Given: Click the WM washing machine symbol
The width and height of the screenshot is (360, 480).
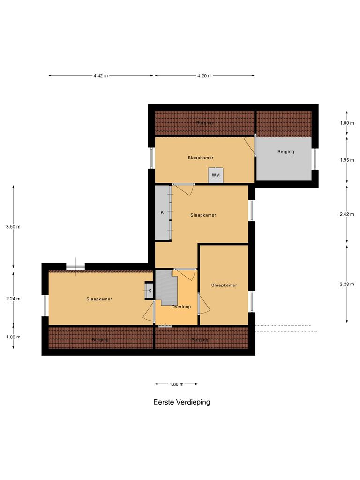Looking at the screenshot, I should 216,175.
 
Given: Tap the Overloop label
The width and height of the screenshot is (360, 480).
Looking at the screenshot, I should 181,307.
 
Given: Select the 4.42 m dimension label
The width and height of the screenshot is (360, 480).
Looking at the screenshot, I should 100,76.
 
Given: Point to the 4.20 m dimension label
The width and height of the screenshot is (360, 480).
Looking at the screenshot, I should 204,76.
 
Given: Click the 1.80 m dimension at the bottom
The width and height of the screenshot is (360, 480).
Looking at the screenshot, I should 176,384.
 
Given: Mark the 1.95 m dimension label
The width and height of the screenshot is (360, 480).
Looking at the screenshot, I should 347,160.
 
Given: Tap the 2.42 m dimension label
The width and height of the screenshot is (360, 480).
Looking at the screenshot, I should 347,214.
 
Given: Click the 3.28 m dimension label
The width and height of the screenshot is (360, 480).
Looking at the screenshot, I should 347,284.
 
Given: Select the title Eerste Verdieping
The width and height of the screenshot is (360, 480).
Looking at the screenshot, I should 182,402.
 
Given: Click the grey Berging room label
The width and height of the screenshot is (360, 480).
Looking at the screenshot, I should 285,152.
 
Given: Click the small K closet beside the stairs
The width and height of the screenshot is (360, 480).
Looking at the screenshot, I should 150,291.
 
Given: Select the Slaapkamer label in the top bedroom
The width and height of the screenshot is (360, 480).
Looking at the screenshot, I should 201,158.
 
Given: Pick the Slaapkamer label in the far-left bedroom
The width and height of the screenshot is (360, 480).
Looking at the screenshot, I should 99,299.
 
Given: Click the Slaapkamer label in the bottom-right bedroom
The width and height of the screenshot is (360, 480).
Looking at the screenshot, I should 224,285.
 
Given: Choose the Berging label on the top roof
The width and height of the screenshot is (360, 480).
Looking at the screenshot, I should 204,123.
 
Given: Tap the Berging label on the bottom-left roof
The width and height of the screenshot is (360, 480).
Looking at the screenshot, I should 100,339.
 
